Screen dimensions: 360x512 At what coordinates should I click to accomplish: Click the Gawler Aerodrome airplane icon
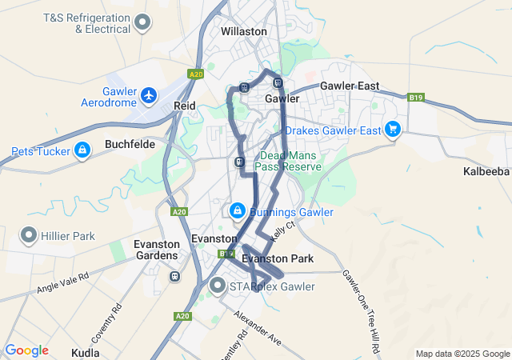[149, 96]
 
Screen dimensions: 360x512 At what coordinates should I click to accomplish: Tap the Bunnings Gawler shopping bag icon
[237, 210]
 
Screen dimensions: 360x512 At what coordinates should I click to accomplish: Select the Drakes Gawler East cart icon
[392, 129]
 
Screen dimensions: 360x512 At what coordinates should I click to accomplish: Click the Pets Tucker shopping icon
[82, 150]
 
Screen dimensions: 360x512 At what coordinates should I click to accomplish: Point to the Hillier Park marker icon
[29, 235]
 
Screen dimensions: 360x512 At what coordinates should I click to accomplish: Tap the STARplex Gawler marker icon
[218, 285]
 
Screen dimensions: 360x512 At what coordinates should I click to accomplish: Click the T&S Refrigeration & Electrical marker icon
[142, 22]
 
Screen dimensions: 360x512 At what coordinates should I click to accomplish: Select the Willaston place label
[244, 31]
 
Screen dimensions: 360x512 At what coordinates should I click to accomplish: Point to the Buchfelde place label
[130, 146]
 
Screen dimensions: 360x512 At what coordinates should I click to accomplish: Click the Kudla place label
[86, 352]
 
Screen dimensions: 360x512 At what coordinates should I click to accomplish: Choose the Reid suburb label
[185, 106]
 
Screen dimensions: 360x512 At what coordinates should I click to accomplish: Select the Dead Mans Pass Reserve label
[288, 161]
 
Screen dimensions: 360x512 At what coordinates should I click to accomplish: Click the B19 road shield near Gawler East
[415, 98]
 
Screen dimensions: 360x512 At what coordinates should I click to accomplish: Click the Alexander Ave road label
[258, 326]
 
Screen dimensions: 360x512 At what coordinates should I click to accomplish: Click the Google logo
[26, 350]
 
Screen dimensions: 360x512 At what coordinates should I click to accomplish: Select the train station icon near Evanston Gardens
[174, 276]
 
